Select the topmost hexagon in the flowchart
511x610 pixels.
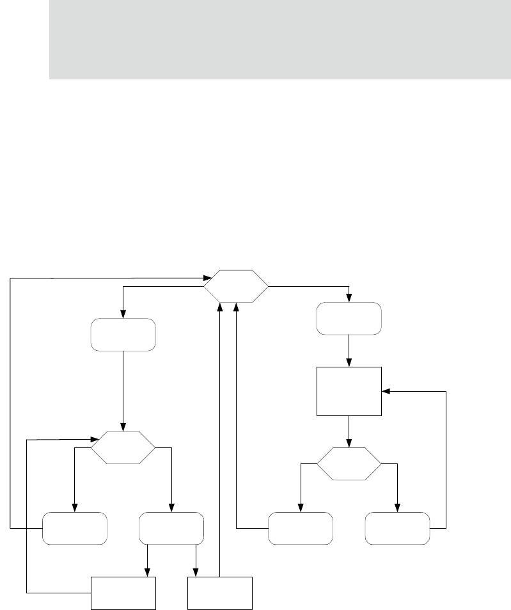click(x=236, y=286)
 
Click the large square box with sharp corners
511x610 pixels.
click(x=349, y=391)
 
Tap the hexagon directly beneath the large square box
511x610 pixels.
click(x=349, y=464)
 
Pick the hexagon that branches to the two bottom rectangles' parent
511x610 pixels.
click(x=123, y=447)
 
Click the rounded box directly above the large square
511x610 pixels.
click(x=349, y=318)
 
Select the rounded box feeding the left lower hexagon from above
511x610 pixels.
click(x=123, y=334)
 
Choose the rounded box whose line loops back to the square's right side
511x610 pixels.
click(x=397, y=528)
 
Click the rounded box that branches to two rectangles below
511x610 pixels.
click(x=171, y=528)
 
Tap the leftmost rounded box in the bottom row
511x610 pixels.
click(x=75, y=528)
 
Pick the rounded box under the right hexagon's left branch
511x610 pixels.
click(x=301, y=528)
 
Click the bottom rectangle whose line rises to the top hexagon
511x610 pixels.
click(x=220, y=593)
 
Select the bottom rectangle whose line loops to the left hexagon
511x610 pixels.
click(x=123, y=593)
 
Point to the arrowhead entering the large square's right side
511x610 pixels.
click(x=385, y=391)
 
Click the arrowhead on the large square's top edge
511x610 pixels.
click(x=349, y=364)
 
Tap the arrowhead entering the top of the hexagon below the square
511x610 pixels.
click(x=349, y=444)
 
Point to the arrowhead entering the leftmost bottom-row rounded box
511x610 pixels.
click(x=75, y=508)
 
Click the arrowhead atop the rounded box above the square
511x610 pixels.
click(x=349, y=298)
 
